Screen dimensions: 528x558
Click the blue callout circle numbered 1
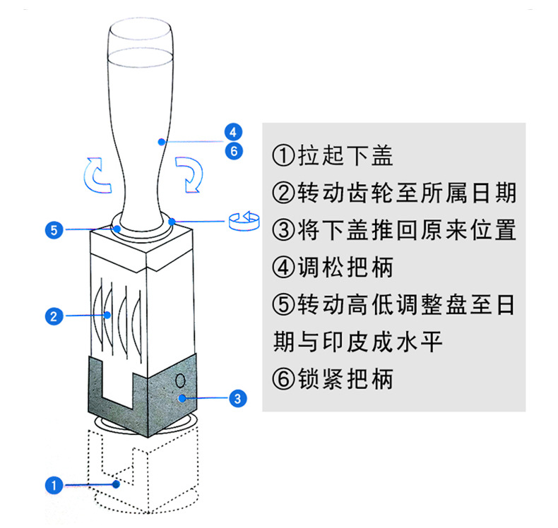[53, 485]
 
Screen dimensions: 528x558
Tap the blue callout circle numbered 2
[53, 316]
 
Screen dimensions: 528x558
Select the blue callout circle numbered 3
[238, 399]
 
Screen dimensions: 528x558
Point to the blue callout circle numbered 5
[53, 229]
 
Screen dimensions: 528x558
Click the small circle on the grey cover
[179, 380]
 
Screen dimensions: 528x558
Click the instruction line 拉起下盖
[329, 155]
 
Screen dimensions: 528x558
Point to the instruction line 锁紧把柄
[332, 379]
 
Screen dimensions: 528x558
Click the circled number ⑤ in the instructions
[282, 306]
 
